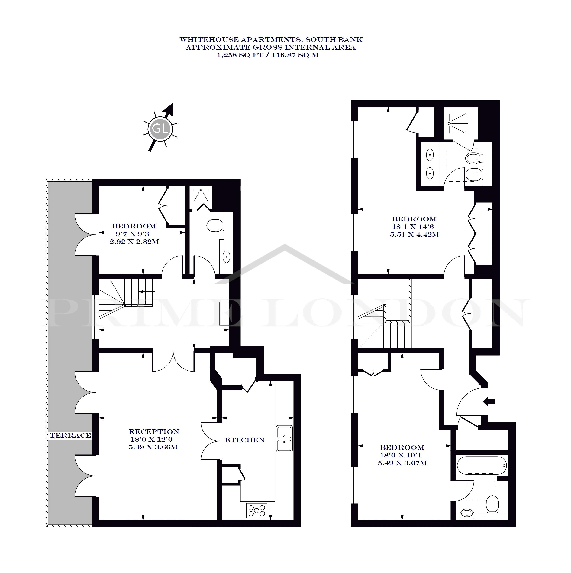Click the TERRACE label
[70, 435]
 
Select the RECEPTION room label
[154, 431]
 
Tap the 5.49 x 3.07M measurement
[402, 463]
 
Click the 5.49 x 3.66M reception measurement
[153, 447]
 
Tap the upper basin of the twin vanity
[430, 154]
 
